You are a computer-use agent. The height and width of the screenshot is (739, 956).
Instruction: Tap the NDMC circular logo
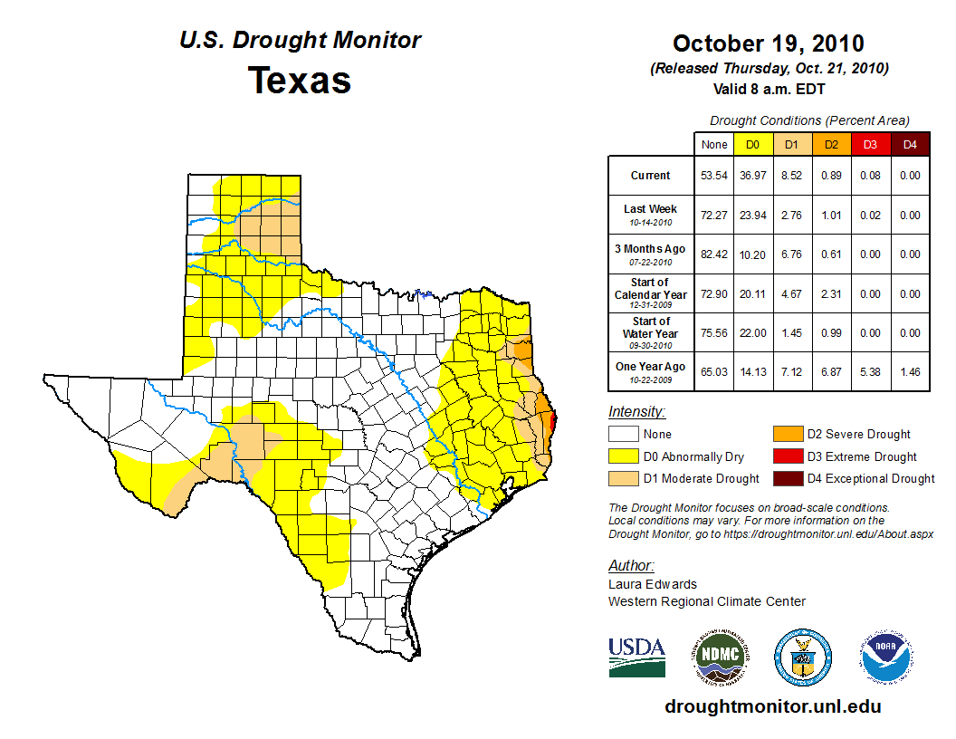tap(720, 657)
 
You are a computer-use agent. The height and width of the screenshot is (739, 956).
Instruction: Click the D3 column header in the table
tap(870, 144)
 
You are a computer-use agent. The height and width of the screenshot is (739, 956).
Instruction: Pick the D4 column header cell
tap(910, 144)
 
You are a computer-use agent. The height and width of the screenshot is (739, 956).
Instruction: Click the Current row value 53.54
tap(713, 176)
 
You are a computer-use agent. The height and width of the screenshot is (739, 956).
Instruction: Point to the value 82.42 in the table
tap(713, 254)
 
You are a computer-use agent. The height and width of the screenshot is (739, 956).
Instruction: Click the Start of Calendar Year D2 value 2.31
tap(830, 294)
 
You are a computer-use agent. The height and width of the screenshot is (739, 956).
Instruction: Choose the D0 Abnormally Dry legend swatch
tap(624, 456)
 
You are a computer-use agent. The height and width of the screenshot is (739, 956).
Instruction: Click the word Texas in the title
tap(300, 80)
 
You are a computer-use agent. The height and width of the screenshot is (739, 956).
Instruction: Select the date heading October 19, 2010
tap(769, 43)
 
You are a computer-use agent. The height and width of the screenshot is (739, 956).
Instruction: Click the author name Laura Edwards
tap(653, 584)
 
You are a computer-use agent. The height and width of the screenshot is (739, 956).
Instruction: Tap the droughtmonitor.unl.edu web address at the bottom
tap(772, 706)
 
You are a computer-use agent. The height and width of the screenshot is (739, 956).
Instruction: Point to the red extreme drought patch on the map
tap(552, 420)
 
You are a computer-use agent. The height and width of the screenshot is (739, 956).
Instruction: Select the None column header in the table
tap(713, 144)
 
